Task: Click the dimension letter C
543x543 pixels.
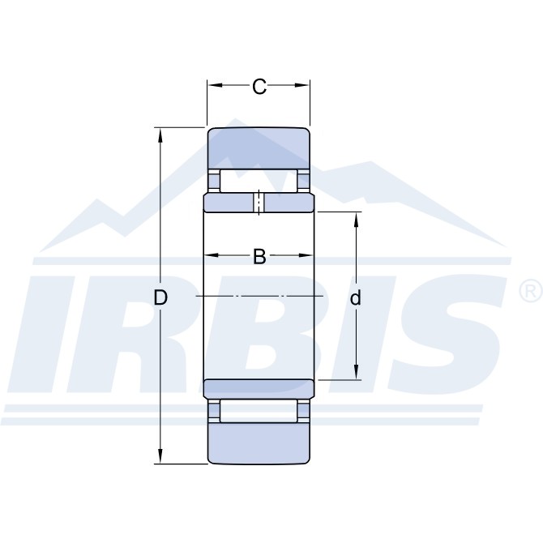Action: (x=259, y=87)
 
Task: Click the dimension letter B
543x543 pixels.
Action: (x=259, y=257)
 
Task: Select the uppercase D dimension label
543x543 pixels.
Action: (x=160, y=297)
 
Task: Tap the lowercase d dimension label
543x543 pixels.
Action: (x=356, y=297)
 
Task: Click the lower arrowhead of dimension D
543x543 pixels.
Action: (x=160, y=455)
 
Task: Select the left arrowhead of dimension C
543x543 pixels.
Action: (x=215, y=85)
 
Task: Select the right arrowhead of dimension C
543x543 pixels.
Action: (x=302, y=85)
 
